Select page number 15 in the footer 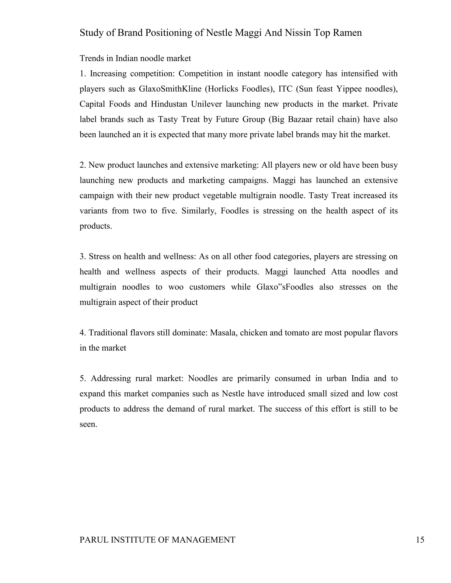click(420, 539)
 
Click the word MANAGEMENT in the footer click(203, 539)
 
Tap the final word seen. click(88, 424)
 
